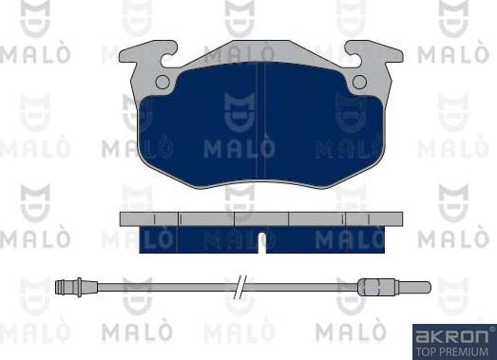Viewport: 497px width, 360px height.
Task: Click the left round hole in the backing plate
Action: tap(162, 82)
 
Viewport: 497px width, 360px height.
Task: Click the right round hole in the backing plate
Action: tap(359, 82)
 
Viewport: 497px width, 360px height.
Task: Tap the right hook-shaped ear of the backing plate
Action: tap(375, 53)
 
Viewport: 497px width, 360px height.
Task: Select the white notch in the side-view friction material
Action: tap(261, 243)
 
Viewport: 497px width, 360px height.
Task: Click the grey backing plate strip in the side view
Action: tap(261, 219)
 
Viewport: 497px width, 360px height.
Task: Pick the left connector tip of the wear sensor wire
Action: tap(59, 288)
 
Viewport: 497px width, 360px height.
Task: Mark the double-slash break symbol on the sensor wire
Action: tap(240, 287)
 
